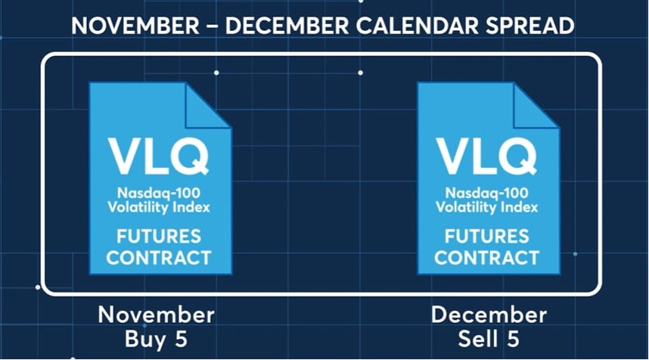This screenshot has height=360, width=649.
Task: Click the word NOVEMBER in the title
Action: click(x=135, y=26)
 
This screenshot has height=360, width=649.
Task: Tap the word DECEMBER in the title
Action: click(x=287, y=26)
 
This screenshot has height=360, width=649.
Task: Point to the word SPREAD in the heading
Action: click(x=529, y=26)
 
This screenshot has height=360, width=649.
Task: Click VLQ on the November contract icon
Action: click(x=159, y=157)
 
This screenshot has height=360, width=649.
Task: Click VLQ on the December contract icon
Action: click(x=486, y=157)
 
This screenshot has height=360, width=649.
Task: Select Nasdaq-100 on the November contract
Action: click(x=159, y=194)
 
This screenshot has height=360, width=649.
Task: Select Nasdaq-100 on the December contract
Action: click(x=487, y=194)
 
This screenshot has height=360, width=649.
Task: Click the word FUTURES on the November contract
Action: click(x=159, y=237)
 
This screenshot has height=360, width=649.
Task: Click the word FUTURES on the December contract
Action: click(x=487, y=237)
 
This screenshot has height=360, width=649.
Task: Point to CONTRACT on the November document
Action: click(x=159, y=258)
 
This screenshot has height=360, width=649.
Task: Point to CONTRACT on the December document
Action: click(x=487, y=258)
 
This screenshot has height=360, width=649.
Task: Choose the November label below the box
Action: click(x=157, y=315)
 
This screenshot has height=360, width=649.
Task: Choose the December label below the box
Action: click(x=489, y=315)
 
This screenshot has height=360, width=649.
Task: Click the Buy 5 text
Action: click(x=156, y=339)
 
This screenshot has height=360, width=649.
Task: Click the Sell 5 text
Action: click(x=489, y=339)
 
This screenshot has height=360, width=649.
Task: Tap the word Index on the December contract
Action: click(x=519, y=207)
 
